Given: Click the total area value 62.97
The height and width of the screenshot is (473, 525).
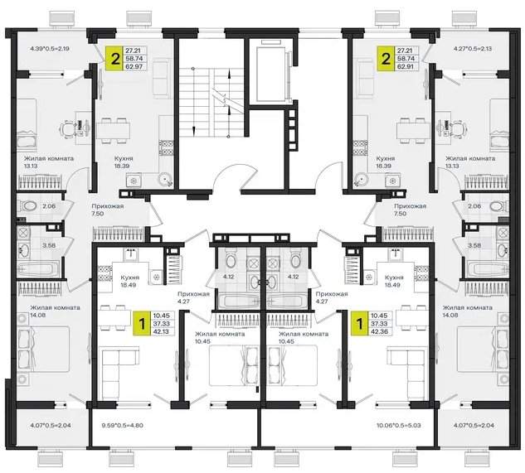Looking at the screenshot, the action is (134, 66).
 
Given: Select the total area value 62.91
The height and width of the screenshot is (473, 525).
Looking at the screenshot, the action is (405, 66).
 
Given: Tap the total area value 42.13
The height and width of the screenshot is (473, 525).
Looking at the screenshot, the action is (162, 331).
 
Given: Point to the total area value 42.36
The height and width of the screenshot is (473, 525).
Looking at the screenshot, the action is (379, 331).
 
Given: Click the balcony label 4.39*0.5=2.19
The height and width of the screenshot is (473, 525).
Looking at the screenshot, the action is (50, 49).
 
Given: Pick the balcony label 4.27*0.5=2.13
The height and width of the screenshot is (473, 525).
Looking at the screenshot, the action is (473, 49).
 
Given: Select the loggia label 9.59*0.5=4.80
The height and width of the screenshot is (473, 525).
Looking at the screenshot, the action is (122, 426).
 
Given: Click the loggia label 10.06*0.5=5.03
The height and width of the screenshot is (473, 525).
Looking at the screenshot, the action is (398, 426).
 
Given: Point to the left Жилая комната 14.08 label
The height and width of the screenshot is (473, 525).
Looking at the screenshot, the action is (55, 311).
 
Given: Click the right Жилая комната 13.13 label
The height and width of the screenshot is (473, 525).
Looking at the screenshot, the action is (470, 162).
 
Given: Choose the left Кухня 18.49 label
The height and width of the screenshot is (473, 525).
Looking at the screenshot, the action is (130, 281).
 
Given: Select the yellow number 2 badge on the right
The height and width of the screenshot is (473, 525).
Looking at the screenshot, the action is (386, 59).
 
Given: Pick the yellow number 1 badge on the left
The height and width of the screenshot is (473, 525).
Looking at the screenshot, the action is (142, 323).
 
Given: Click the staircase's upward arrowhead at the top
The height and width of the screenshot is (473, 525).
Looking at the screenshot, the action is (229, 74).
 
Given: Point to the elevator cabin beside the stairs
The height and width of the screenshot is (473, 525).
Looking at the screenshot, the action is (271, 74).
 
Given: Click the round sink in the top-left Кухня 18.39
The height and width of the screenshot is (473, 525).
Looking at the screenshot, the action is (165, 179).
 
